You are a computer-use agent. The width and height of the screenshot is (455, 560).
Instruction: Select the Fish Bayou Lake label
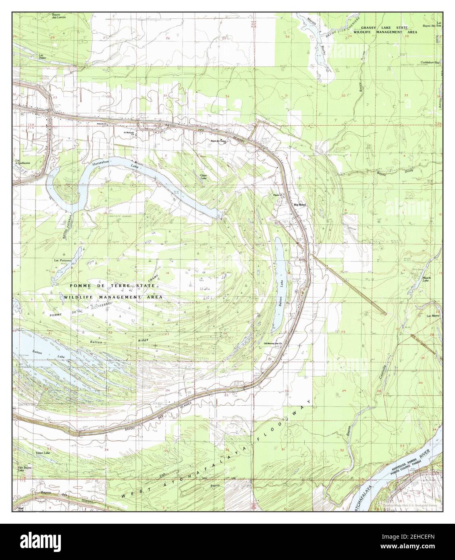(25, 469)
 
